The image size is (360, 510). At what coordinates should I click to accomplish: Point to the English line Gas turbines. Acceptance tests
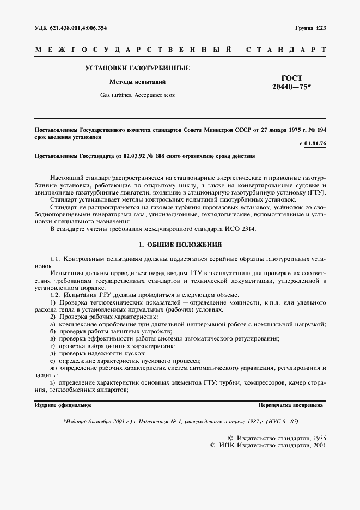coord(137,94)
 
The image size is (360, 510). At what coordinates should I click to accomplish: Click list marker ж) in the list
coord(53,368)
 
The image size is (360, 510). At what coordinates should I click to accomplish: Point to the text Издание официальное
coord(63,405)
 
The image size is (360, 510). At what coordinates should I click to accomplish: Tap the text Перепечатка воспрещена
coord(291,405)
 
